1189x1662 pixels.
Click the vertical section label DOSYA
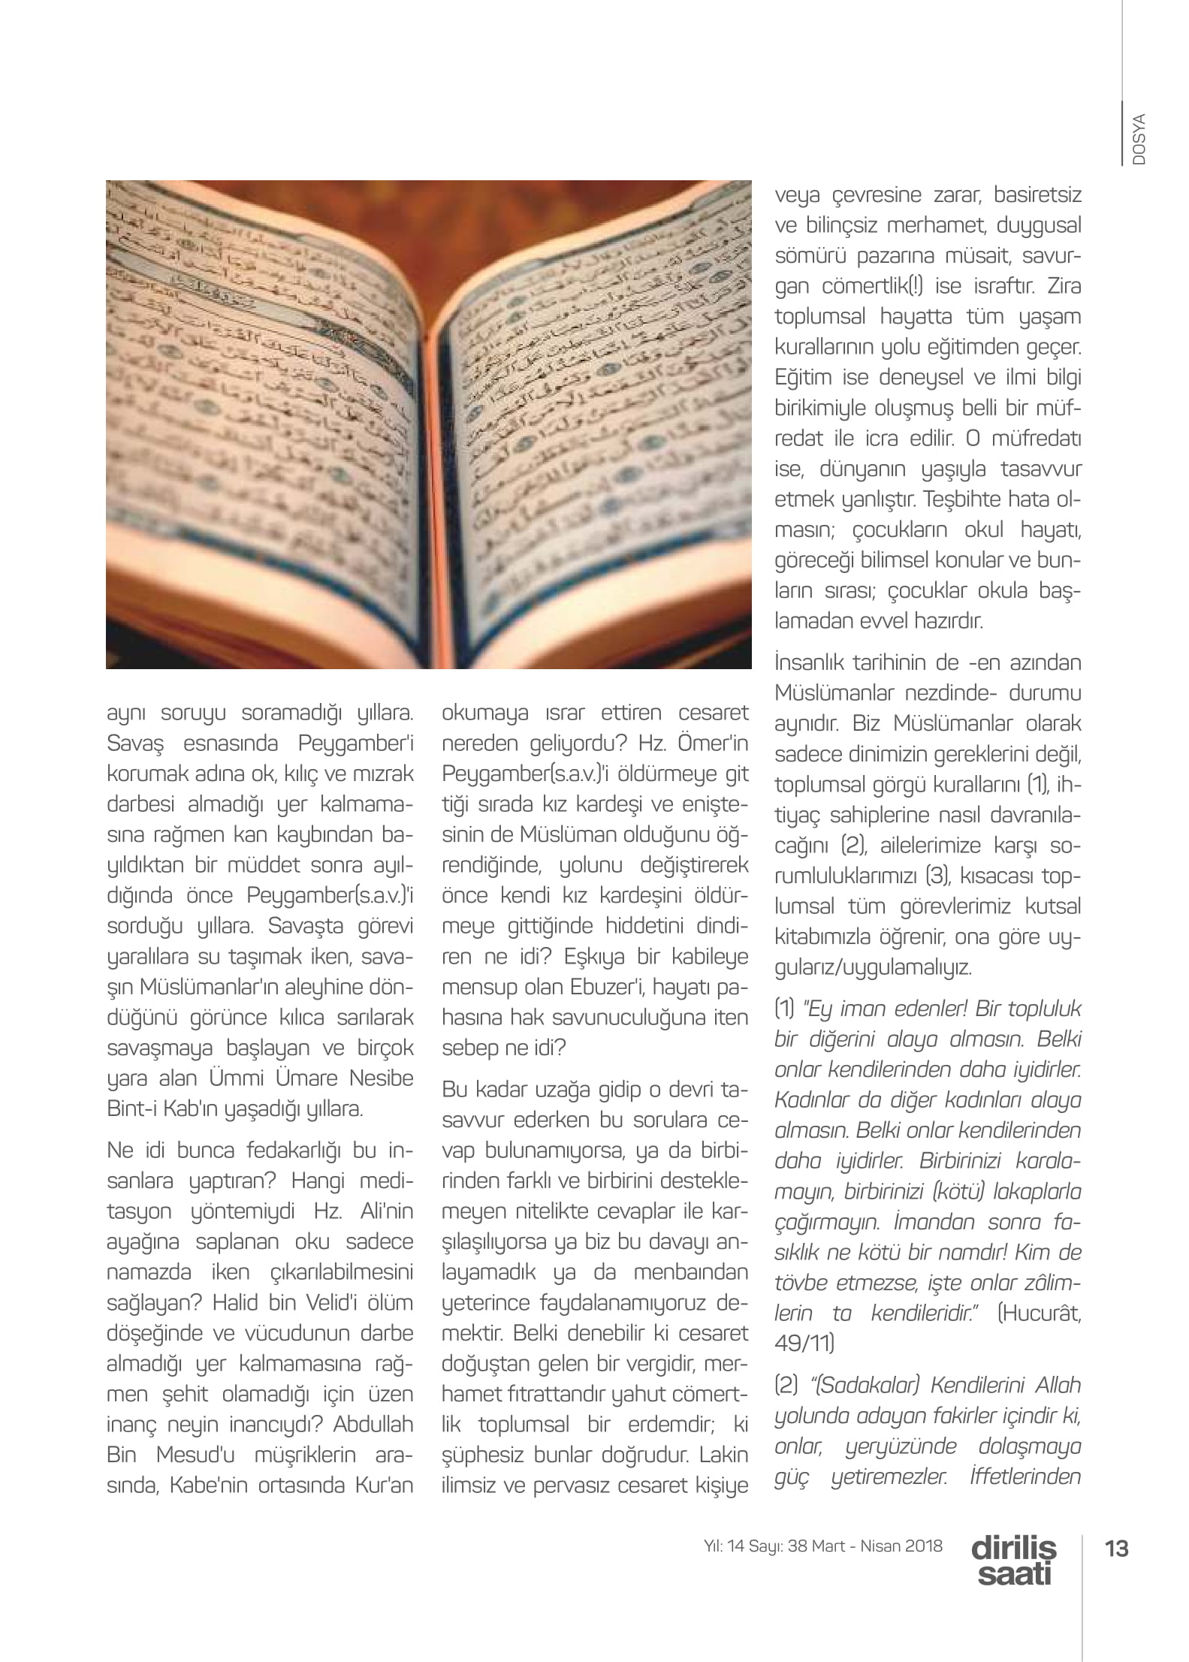(x=1139, y=140)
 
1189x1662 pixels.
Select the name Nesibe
(x=382, y=1078)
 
